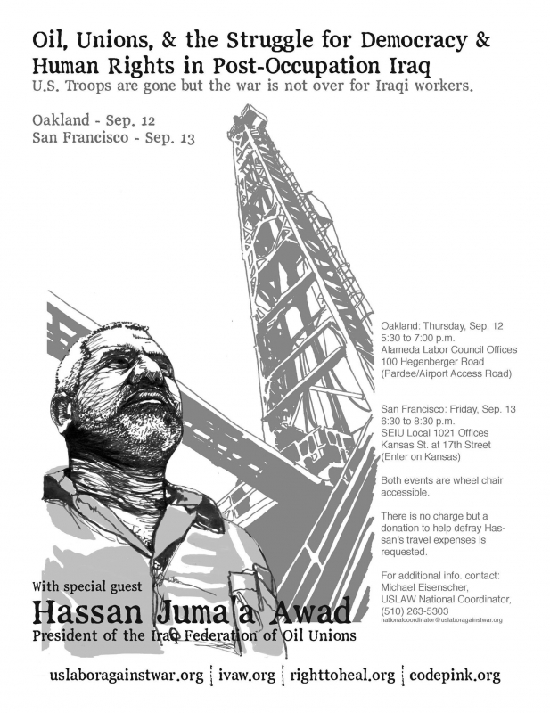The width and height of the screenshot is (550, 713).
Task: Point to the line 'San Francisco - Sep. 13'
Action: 112,138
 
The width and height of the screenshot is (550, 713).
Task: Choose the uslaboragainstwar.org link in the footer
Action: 127,675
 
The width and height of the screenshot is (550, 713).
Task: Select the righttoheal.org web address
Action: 341,675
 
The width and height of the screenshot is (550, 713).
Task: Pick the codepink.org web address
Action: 455,675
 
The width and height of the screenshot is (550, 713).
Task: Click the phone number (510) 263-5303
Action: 415,611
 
